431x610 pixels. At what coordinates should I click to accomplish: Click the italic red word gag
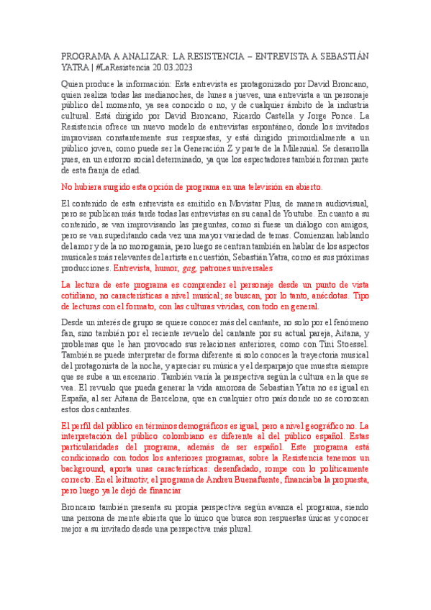189,267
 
